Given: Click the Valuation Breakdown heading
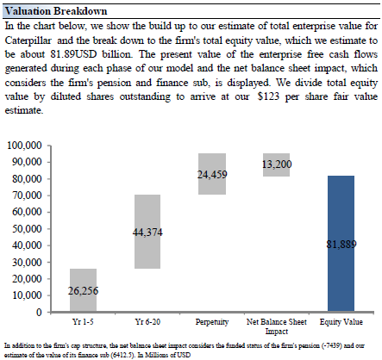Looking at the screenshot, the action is point(56,11).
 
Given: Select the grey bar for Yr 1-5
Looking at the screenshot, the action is point(83,290).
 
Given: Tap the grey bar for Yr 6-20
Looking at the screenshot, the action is point(147,232).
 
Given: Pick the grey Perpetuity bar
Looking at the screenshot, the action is point(212,174).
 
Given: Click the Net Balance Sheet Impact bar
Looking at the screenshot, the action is point(276,164).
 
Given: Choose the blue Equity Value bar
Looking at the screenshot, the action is point(341,244).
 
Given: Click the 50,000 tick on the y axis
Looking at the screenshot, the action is point(27,229).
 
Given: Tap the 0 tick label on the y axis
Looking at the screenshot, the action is point(39,312).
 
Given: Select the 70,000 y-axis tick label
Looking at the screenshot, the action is point(27,196).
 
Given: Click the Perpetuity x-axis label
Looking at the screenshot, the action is point(212,322).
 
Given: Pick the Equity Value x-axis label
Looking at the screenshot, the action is point(341,322).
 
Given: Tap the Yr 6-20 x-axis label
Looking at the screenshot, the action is point(147,322).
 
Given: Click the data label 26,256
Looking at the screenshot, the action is point(83,291).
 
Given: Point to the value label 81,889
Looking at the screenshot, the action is point(341,245).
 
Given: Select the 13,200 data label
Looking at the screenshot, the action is point(277,164).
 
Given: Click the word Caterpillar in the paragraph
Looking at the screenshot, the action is point(28,40).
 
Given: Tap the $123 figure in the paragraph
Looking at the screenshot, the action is point(268,96).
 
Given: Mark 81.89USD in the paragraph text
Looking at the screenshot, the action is point(73,54).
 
